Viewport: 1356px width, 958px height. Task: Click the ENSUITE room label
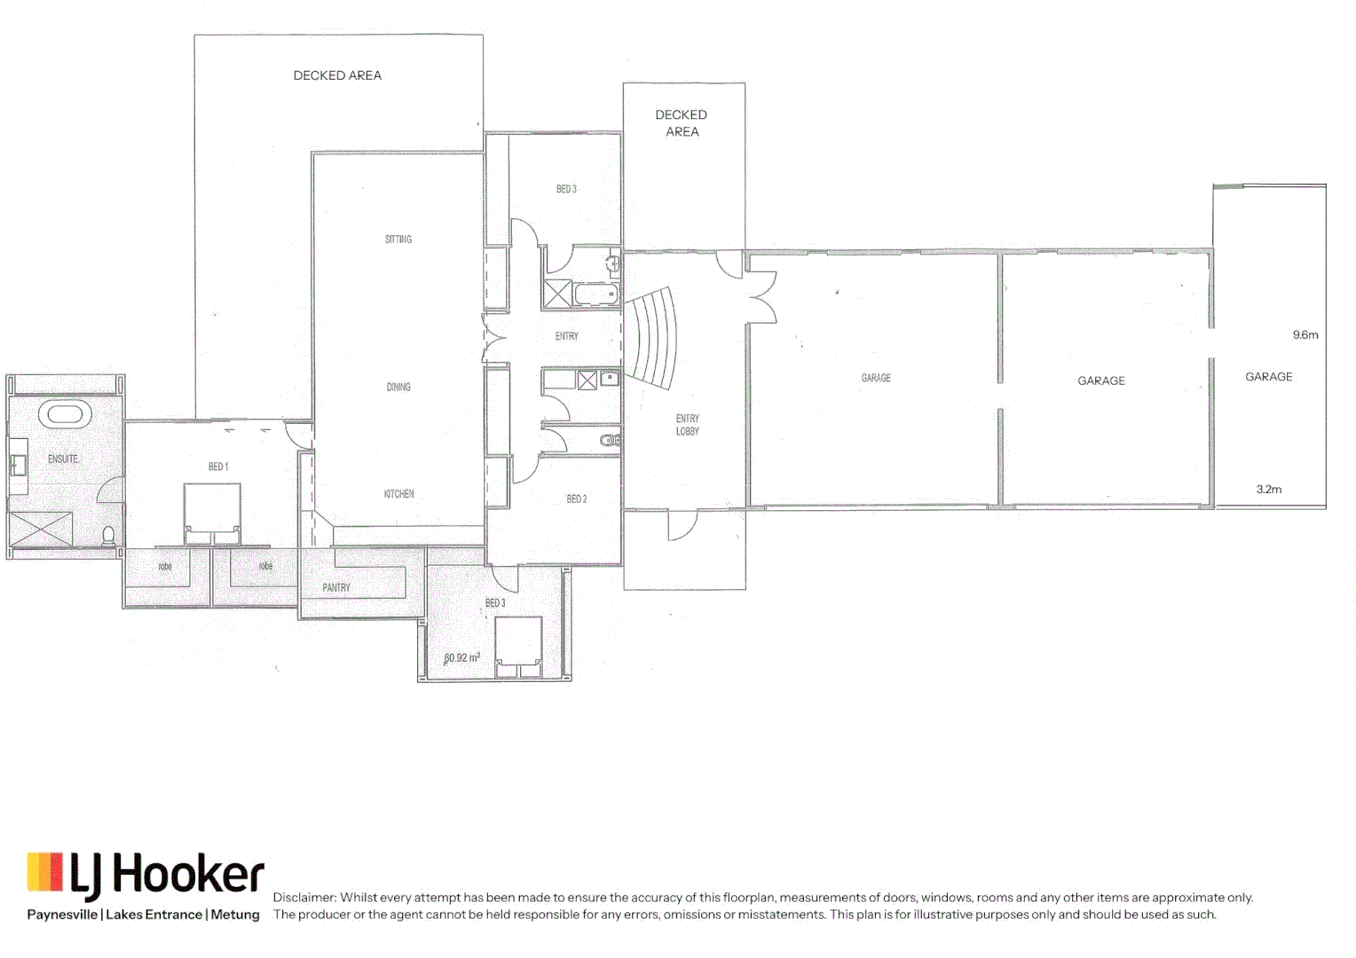click(63, 459)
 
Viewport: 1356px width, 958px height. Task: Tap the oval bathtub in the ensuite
click(65, 414)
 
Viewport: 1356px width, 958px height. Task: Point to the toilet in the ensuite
click(108, 536)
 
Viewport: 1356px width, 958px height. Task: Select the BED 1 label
click(218, 467)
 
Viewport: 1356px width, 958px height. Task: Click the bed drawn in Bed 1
click(212, 514)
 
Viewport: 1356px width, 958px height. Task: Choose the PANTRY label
click(336, 587)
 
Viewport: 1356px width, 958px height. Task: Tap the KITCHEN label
click(398, 494)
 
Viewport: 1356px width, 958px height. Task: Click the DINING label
click(398, 387)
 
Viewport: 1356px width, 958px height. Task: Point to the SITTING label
click(398, 239)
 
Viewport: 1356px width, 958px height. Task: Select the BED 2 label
click(577, 499)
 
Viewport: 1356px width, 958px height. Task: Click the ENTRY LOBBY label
click(688, 425)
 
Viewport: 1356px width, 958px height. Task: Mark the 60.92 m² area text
click(462, 658)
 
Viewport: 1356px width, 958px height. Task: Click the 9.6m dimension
click(1305, 335)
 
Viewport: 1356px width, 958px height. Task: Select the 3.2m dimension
click(1269, 490)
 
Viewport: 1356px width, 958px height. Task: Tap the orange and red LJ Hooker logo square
click(45, 872)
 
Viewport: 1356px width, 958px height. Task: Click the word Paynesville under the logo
click(62, 915)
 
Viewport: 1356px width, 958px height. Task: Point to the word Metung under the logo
click(235, 915)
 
